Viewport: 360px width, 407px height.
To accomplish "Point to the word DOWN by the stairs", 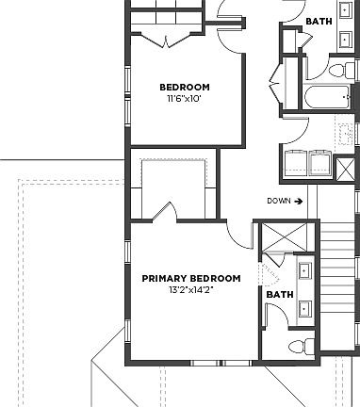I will click(x=278, y=201).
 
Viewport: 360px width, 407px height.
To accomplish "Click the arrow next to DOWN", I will click(x=298, y=201).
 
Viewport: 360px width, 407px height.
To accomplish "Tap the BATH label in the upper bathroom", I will click(x=319, y=20).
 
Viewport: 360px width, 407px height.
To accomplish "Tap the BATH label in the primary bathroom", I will click(x=279, y=294).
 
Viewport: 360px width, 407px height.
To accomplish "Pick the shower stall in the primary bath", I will click(x=278, y=236).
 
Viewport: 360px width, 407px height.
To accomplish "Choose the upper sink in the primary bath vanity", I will click(x=306, y=273).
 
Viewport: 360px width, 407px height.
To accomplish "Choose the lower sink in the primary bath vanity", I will click(x=306, y=306).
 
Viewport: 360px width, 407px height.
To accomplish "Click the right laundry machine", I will click(x=320, y=164).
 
